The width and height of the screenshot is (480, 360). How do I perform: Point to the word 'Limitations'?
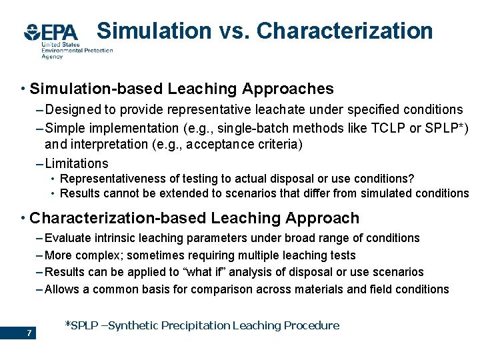[77, 163]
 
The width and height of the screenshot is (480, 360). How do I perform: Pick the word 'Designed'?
[71, 109]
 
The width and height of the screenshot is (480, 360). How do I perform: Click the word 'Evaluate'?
[67, 238]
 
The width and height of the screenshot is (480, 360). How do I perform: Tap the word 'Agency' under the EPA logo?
[52, 57]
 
